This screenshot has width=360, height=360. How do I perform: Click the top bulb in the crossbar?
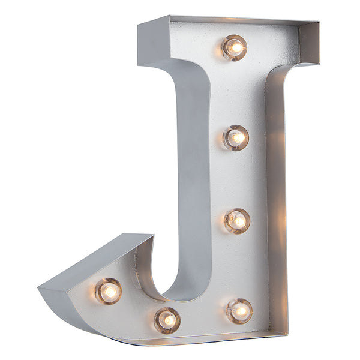click(234, 47)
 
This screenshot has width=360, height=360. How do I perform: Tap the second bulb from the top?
click(236, 137)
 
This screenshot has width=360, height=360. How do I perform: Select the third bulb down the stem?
click(238, 221)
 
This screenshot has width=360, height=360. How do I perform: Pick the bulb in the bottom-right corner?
click(239, 310)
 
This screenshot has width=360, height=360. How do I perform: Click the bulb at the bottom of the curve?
click(167, 320)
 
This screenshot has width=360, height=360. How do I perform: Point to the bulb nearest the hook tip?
click(109, 291)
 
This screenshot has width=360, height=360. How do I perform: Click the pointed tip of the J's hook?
click(40, 288)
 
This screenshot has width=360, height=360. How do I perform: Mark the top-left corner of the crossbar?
click(139, 25)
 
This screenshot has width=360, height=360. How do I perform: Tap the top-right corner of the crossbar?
click(319, 24)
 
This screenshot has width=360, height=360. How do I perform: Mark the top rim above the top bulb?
click(234, 20)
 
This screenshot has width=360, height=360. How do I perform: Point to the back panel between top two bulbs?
click(235, 93)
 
